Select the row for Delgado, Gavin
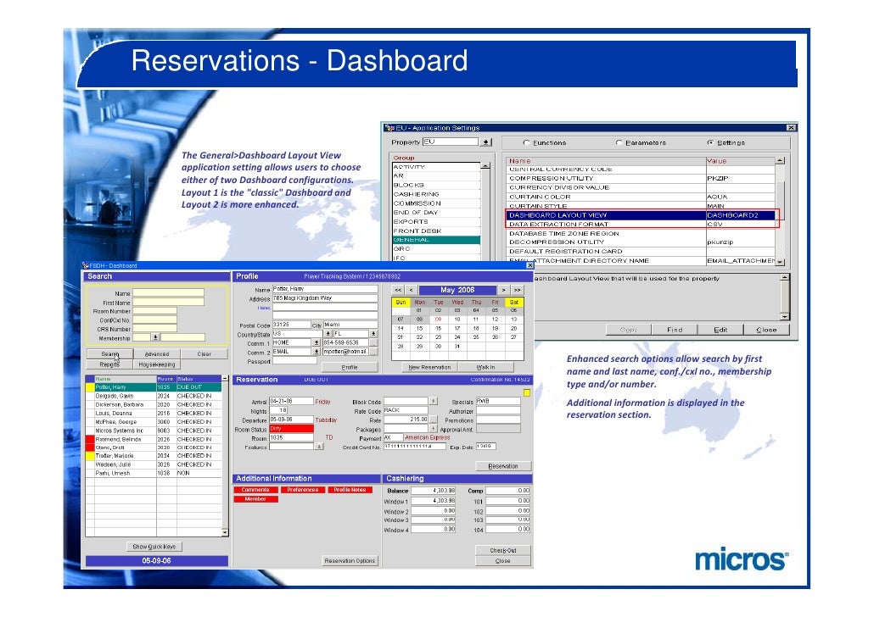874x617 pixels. (x=119, y=396)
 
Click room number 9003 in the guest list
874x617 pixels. (x=164, y=431)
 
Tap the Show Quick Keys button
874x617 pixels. (x=154, y=546)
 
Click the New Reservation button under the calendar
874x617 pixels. (x=429, y=367)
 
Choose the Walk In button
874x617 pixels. (x=486, y=367)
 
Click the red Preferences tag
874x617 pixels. (x=302, y=490)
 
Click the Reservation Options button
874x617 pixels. (x=349, y=560)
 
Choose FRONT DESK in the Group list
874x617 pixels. (x=417, y=231)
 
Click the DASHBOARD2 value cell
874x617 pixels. (x=738, y=215)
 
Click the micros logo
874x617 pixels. (x=741, y=560)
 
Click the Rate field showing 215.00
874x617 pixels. (x=406, y=419)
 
